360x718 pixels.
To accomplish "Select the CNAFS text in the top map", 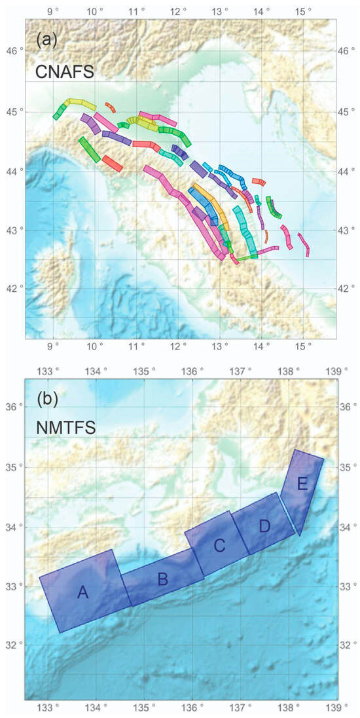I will point(66,71).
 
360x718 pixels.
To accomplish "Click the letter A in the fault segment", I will point(82,592).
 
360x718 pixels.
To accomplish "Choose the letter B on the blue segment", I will point(163,578).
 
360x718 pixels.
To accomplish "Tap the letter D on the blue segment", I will point(264,526).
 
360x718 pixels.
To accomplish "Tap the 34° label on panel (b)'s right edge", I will point(348,526).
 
